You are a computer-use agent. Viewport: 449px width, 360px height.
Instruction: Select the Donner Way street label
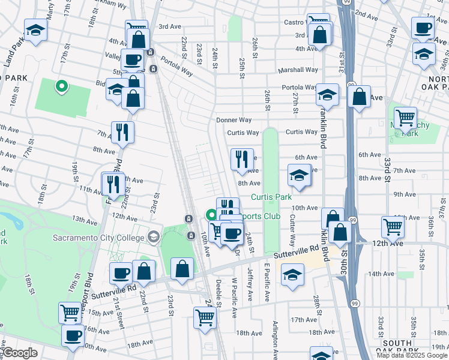click(x=234, y=120)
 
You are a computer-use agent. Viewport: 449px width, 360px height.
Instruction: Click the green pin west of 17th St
click(x=61, y=87)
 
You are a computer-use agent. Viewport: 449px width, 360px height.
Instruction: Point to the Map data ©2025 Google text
click(x=411, y=355)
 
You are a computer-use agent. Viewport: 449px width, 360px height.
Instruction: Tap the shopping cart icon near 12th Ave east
click(x=393, y=227)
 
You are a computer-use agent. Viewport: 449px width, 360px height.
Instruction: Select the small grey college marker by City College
click(x=154, y=238)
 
